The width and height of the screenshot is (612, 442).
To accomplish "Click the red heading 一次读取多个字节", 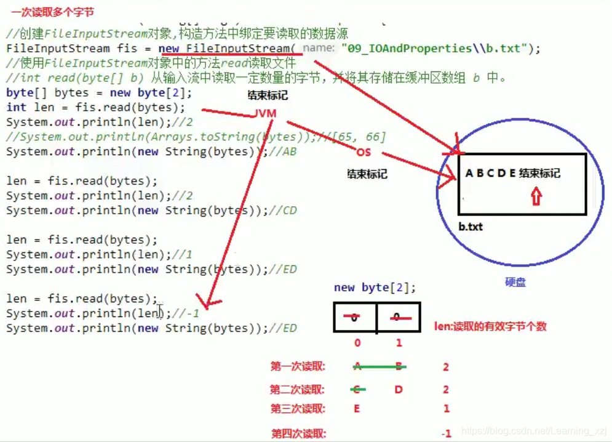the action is [52, 12].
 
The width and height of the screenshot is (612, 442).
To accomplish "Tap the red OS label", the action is [363, 153].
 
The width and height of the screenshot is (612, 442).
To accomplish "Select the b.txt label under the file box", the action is [471, 227].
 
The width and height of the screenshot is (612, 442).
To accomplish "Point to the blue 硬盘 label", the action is [515, 283].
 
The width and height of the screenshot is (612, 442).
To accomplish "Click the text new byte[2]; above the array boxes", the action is [375, 287].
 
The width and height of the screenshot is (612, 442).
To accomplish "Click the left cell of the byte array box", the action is [355, 318].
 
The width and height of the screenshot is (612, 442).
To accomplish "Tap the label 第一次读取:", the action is [298, 367].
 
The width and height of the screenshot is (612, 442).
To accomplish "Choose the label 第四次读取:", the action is [298, 433].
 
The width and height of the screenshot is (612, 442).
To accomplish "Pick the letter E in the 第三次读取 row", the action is [357, 408].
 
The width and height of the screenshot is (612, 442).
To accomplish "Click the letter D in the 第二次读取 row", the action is [399, 389].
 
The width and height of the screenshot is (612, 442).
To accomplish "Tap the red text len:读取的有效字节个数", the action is [490, 326].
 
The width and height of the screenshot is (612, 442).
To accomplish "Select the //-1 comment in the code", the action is [186, 313].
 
